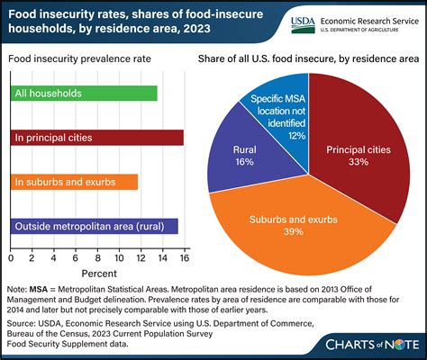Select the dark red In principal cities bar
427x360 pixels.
[x=96, y=137]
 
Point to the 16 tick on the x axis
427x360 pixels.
[x=185, y=256]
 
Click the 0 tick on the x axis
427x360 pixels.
[x=10, y=256]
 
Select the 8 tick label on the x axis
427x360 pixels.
[x=97, y=256]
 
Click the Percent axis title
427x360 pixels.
[x=96, y=273]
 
